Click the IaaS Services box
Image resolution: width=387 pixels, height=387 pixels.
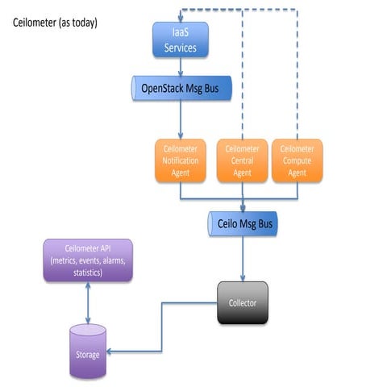pos(181,40)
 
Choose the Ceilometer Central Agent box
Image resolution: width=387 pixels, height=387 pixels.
pos(243,160)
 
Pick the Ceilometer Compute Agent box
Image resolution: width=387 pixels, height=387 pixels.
pos(297,160)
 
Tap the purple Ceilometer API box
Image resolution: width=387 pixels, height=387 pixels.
pos(87,260)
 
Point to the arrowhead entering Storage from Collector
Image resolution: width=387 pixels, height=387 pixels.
pos(112,351)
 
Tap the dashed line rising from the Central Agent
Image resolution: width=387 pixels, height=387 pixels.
pos(243,81)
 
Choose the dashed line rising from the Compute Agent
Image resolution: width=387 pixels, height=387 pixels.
pos(297,81)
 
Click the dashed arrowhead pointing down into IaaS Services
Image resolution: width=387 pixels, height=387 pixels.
pos(181,17)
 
